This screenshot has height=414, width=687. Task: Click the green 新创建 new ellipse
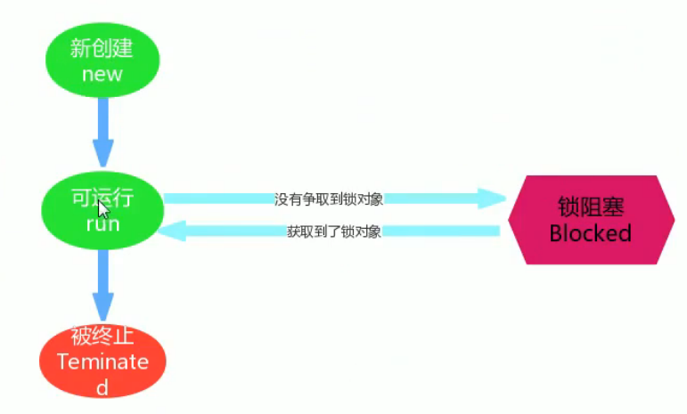click(102, 59)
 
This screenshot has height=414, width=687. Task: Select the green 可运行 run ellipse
click(102, 211)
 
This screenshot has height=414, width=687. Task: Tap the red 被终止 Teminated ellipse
click(102, 361)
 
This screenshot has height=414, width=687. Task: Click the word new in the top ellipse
click(102, 74)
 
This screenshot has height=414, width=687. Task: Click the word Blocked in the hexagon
click(590, 233)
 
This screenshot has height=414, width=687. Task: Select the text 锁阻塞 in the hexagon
click(590, 207)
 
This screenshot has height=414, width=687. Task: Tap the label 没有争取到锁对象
click(329, 199)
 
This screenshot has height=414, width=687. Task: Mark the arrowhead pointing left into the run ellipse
click(173, 231)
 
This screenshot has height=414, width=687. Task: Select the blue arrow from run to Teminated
click(103, 285)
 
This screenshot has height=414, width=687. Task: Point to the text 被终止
click(102, 337)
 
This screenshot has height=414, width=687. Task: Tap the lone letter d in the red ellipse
click(102, 387)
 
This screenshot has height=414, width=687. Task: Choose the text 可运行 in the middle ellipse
click(102, 197)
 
